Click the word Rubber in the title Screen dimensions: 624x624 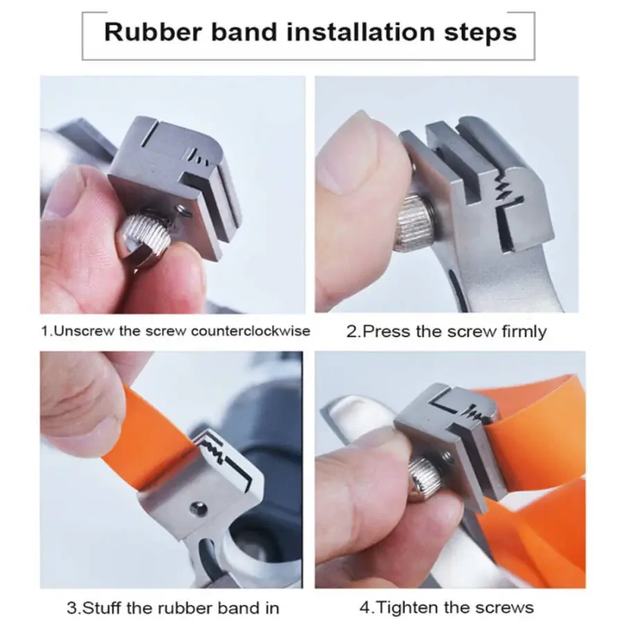pyautogui.click(x=153, y=32)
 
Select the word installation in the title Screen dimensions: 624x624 pyautogui.click(x=361, y=32)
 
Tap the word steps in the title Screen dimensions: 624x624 pyautogui.click(x=480, y=34)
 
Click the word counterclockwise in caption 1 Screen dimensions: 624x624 pyautogui.click(x=251, y=331)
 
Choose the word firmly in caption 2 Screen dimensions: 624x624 pyautogui.click(x=524, y=332)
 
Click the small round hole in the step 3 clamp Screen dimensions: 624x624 pyautogui.click(x=198, y=508)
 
